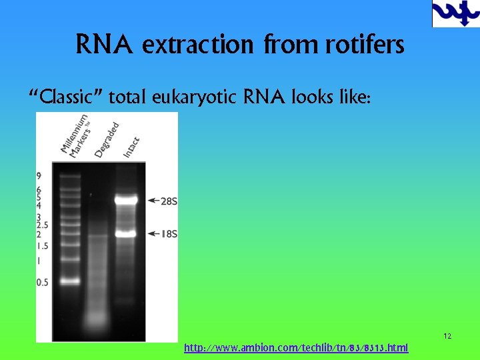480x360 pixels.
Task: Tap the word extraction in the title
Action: (197, 45)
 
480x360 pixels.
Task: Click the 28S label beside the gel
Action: (169, 200)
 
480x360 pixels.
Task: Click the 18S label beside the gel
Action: (169, 234)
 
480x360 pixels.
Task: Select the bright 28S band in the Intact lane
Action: (125, 199)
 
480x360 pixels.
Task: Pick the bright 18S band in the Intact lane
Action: (125, 233)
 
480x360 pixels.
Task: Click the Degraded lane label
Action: (107, 140)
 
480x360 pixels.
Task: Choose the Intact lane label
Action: (131, 147)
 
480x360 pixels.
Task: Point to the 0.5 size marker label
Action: (43, 283)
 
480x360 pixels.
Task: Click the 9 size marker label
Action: (39, 176)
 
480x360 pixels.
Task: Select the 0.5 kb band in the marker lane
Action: (69, 281)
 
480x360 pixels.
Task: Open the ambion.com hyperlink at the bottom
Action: (296, 347)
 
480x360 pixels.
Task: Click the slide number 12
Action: (447, 336)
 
